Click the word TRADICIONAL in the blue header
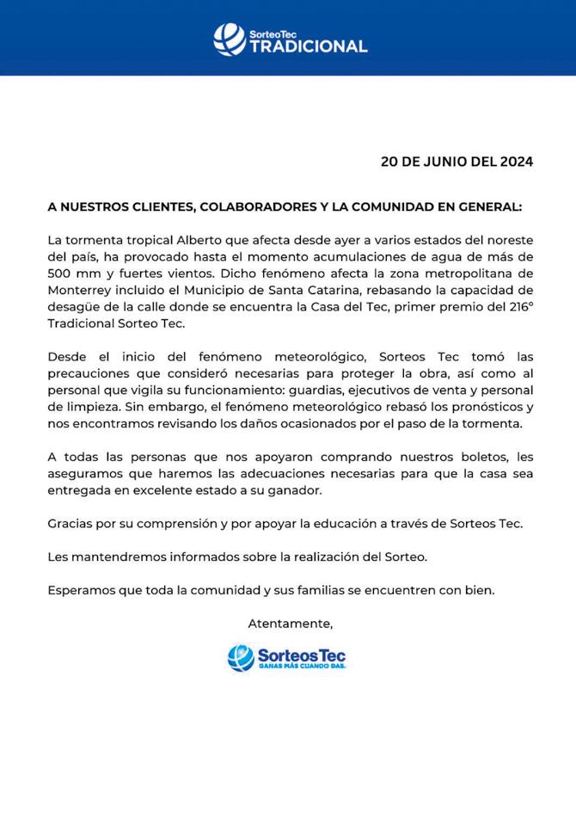308,46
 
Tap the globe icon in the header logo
229,39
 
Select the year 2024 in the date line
514,161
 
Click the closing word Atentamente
290,623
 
